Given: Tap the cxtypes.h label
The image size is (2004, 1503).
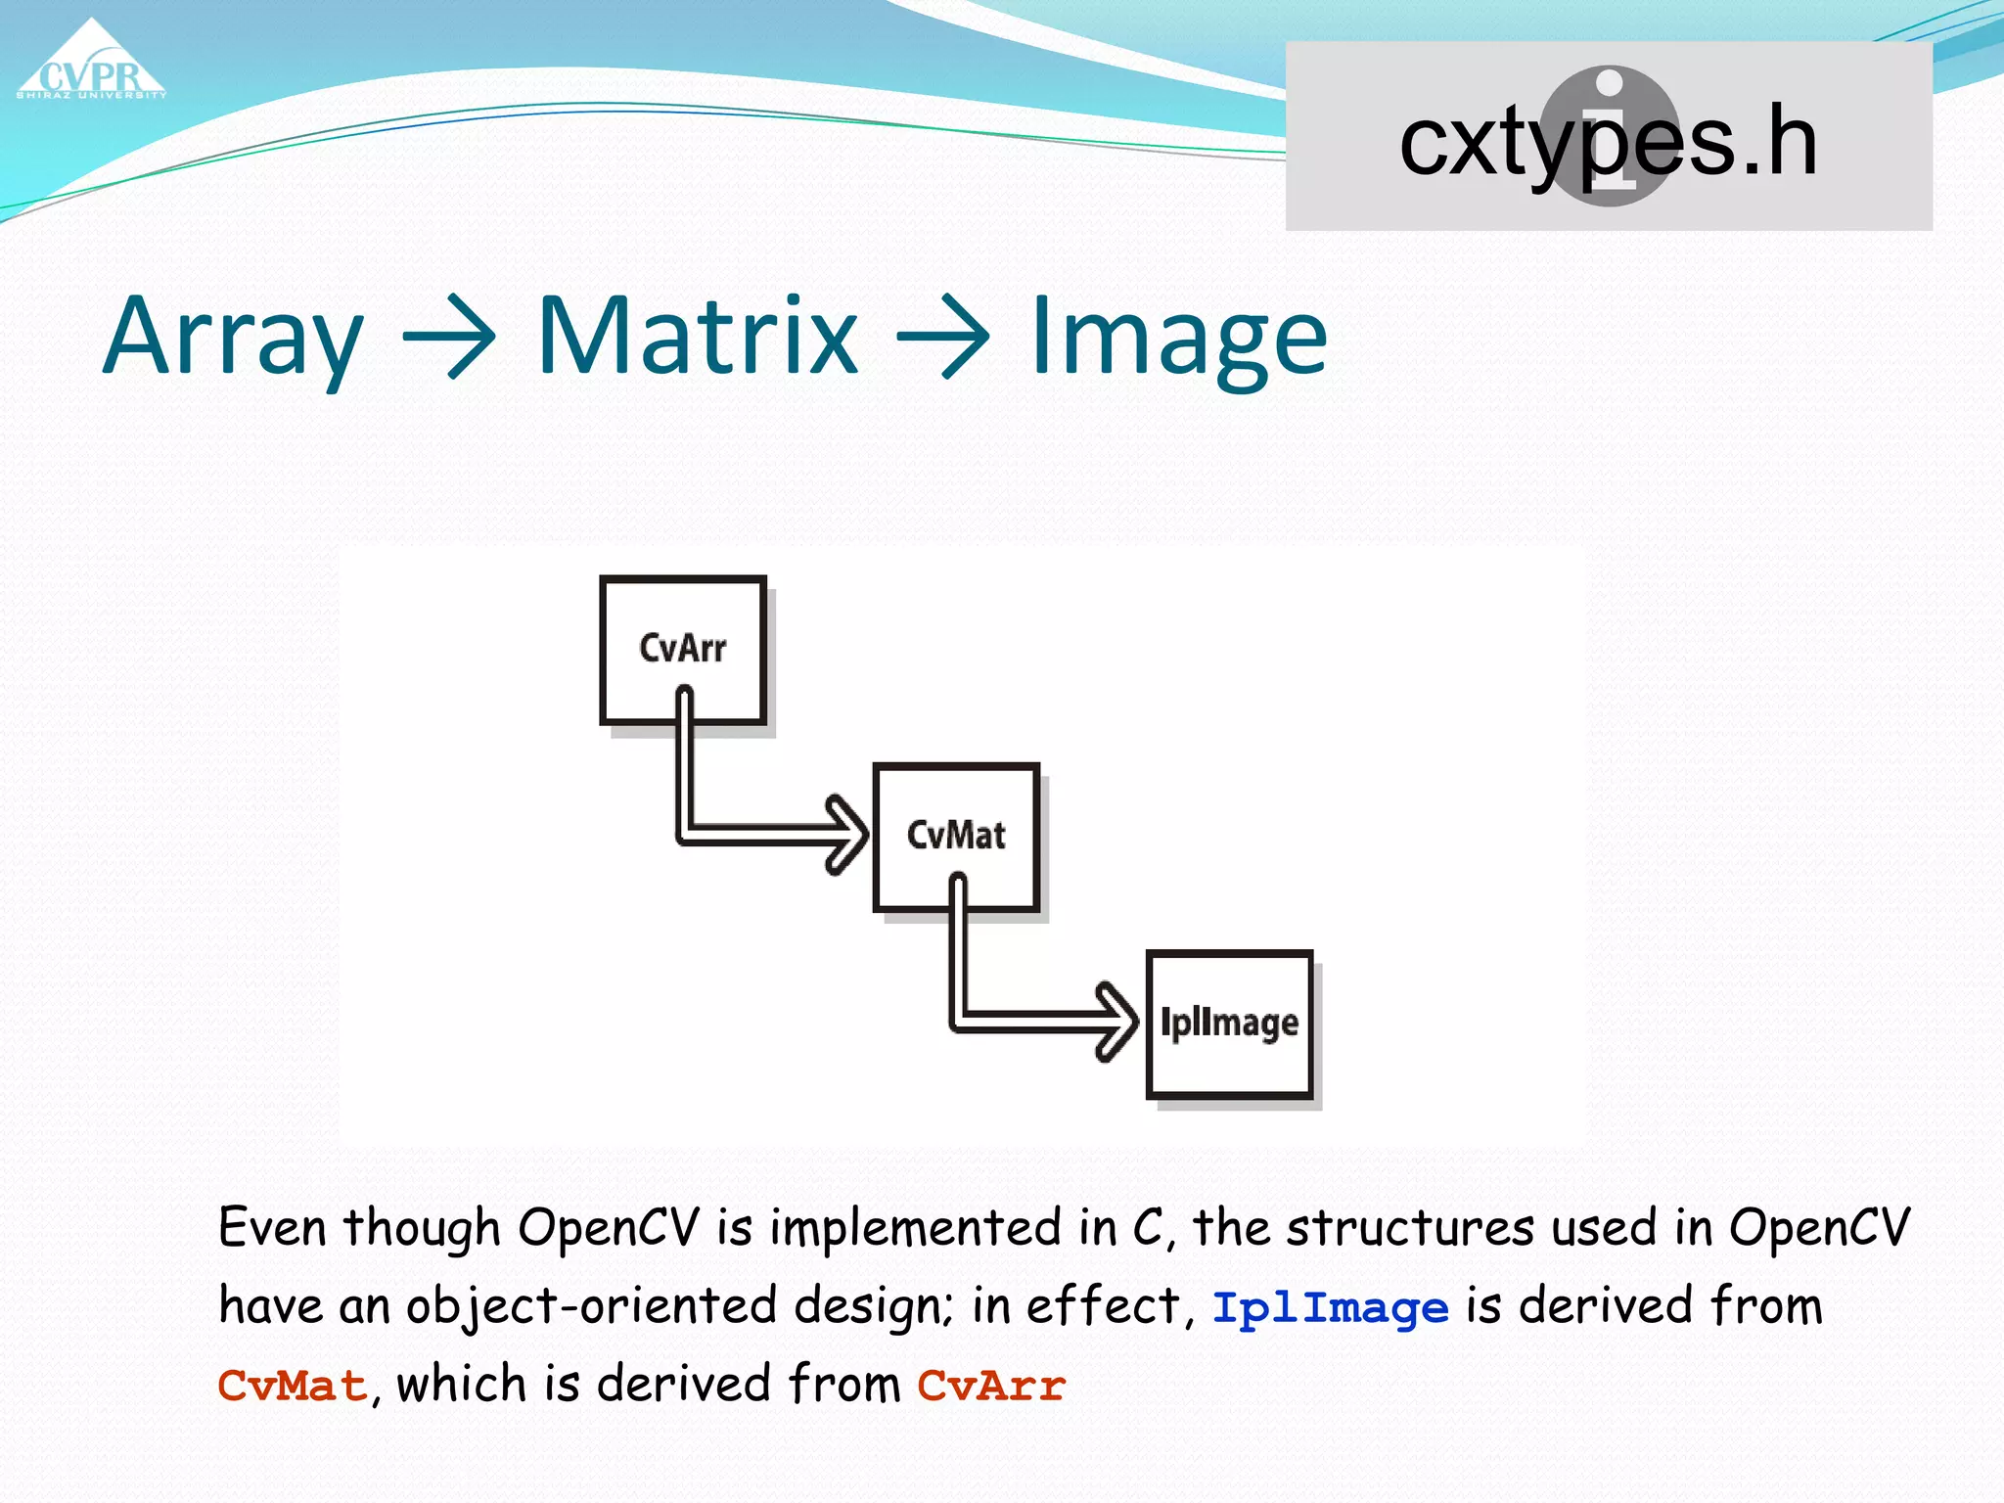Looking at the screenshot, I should [x=1608, y=143].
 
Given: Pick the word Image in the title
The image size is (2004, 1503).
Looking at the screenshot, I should [x=1179, y=338].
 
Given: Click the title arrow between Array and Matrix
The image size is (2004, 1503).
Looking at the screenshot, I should [x=449, y=338].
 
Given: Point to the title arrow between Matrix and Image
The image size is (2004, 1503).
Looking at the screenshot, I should [x=943, y=338].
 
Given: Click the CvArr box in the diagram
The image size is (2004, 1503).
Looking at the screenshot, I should [x=683, y=650].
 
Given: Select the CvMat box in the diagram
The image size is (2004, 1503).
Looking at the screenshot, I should [x=956, y=837].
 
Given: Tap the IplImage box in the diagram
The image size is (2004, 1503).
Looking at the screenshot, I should [x=1229, y=1024].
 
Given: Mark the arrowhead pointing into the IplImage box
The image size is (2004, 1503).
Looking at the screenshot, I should [x=1117, y=1022].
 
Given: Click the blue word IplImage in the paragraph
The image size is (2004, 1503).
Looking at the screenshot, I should [x=1330, y=1309].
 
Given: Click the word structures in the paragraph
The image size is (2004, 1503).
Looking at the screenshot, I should [x=1410, y=1228].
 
